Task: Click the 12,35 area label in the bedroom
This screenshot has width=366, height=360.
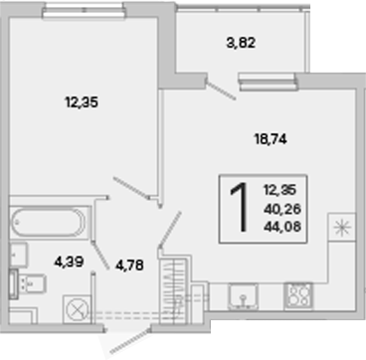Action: click(82, 102)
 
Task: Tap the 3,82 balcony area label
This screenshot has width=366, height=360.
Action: click(241, 43)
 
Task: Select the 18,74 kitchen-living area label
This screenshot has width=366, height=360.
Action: click(271, 139)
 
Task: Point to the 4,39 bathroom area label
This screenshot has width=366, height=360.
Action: click(69, 263)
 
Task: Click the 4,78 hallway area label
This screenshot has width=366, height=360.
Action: click(129, 265)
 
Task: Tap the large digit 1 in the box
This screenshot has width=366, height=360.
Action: click(240, 207)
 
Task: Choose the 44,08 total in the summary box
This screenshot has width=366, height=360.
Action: click(282, 227)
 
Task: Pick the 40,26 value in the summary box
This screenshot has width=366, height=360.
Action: click(282, 209)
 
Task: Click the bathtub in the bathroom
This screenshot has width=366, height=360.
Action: click(49, 222)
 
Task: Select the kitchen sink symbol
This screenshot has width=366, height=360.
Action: click(243, 296)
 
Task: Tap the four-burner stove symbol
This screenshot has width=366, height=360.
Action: click(298, 296)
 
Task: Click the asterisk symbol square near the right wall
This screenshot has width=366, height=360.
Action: click(342, 228)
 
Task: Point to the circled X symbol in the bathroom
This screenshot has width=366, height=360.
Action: click(77, 310)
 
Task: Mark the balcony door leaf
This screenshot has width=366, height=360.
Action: click(221, 90)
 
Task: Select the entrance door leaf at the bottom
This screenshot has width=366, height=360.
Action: click(130, 341)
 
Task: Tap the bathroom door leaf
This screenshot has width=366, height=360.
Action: click(100, 255)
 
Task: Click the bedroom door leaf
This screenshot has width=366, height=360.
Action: click(131, 188)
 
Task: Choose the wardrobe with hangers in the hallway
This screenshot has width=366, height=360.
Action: click(172, 290)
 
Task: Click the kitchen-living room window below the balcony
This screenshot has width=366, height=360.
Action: click(268, 82)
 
